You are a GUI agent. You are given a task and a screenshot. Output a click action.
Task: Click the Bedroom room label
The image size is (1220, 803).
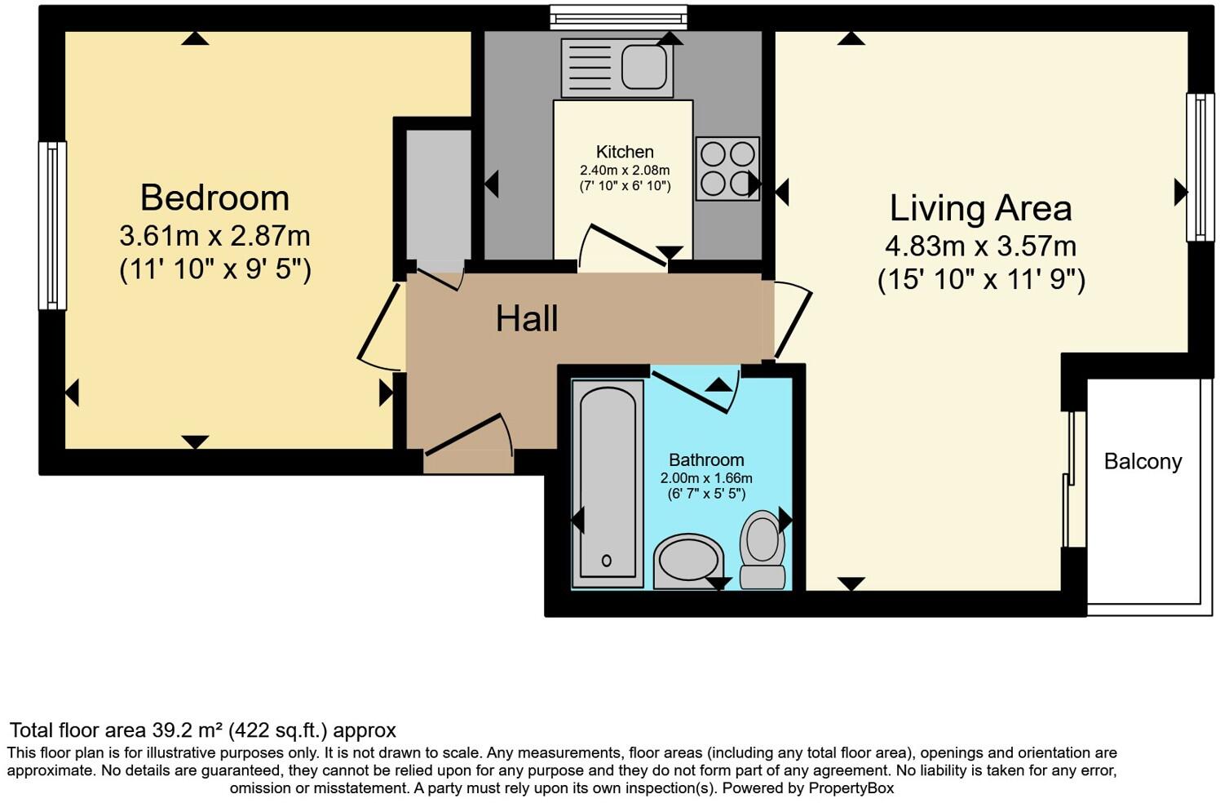(x=214, y=198)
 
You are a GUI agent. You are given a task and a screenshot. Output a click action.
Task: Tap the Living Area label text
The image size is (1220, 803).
(x=980, y=208)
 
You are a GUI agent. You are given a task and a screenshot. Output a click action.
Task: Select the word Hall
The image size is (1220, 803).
(x=527, y=318)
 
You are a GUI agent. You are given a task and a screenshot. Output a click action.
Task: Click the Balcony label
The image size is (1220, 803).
(x=1143, y=462)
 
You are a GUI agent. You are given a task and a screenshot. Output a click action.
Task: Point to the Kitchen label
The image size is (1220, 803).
(x=625, y=152)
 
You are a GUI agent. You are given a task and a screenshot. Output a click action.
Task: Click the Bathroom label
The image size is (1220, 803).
(x=706, y=460)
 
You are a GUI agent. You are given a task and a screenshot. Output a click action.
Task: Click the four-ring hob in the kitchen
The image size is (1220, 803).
(x=727, y=169)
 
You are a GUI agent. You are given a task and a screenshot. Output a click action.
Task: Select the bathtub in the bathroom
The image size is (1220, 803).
(x=606, y=481)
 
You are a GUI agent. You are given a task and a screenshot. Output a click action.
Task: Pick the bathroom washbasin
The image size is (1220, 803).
(x=689, y=561)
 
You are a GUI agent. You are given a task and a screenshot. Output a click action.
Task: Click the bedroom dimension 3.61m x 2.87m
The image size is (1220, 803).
(x=214, y=237)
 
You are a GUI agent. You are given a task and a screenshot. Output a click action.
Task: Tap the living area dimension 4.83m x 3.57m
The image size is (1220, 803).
(x=980, y=246)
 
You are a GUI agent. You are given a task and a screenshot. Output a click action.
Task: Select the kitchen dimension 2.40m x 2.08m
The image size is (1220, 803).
(x=625, y=171)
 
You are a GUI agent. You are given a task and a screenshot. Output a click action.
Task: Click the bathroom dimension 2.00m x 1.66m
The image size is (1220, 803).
(x=706, y=478)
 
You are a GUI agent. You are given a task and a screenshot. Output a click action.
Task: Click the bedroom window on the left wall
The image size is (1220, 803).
(x=52, y=226)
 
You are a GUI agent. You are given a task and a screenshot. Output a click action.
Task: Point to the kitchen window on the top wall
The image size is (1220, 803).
(x=618, y=17)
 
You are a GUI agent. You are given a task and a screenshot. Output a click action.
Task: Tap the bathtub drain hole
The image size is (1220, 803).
(x=606, y=561)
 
